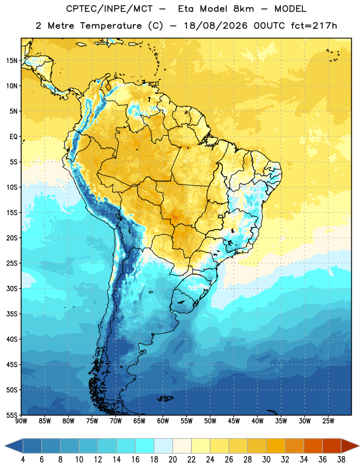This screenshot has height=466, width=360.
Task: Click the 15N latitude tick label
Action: [12, 61]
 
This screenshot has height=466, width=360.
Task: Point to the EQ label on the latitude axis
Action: [13, 137]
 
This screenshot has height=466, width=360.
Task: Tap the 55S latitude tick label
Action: [12, 415]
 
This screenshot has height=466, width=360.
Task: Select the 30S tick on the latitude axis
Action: [12, 288]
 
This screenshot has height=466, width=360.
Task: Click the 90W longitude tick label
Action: [21, 421]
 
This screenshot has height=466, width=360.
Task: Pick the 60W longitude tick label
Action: [163, 421]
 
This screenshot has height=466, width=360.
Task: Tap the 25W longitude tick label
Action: [328, 421]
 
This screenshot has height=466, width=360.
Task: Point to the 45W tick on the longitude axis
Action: [234, 421]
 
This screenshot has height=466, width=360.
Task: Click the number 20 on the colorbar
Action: [172, 460]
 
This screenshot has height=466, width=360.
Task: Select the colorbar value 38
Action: [341, 460]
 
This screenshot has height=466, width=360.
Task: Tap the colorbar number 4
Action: [23, 460]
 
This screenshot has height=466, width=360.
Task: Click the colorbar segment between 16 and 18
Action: [145, 446]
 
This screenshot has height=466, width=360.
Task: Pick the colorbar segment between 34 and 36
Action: [313, 446]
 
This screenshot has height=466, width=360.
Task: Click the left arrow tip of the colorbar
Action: [5, 446]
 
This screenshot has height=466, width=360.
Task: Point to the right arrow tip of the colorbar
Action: [359, 446]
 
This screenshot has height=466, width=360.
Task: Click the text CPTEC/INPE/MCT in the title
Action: [110, 9]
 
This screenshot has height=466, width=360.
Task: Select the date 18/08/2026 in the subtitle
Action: [216, 26]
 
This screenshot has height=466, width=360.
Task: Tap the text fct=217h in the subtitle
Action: [314, 26]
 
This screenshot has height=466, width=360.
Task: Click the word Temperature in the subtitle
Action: [111, 26]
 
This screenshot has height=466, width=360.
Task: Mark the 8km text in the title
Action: [243, 9]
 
